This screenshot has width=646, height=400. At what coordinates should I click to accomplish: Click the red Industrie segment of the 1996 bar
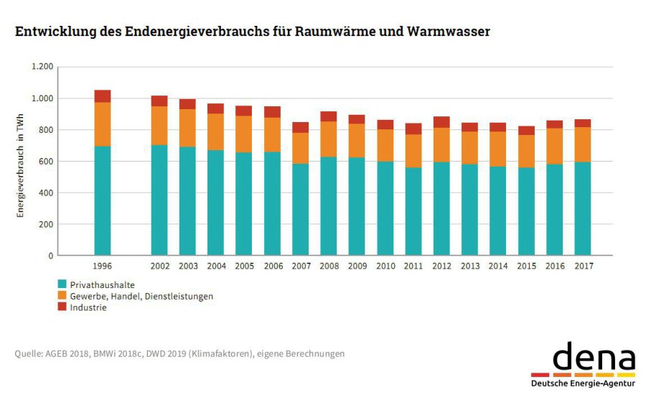click(x=103, y=96)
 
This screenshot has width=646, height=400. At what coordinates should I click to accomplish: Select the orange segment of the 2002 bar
click(x=159, y=126)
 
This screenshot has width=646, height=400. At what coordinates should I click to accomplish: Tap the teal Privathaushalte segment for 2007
click(x=301, y=209)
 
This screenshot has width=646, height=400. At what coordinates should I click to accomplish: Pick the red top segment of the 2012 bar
click(x=441, y=122)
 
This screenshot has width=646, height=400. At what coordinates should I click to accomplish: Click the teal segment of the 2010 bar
click(x=385, y=208)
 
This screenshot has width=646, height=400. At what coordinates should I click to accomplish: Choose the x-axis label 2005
click(x=244, y=266)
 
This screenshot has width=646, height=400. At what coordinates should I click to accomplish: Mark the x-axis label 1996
click(x=103, y=266)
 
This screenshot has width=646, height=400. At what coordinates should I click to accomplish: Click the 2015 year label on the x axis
click(x=526, y=266)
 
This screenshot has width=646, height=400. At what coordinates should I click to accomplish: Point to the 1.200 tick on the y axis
click(x=42, y=67)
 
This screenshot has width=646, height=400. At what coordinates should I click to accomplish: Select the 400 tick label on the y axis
click(x=46, y=192)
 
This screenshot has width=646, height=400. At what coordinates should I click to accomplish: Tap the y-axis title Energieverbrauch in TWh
click(x=22, y=161)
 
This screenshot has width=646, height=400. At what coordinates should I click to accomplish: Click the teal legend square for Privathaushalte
click(x=62, y=284)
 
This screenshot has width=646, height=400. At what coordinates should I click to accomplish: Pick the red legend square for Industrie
click(x=62, y=307)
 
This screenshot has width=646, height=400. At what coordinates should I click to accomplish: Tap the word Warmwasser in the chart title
click(x=449, y=32)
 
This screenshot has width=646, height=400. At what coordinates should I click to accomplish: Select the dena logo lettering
click(x=594, y=357)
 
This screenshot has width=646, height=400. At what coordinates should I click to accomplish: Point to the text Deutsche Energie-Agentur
click(x=583, y=384)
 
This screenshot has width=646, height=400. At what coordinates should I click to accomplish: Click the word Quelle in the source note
click(x=27, y=353)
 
